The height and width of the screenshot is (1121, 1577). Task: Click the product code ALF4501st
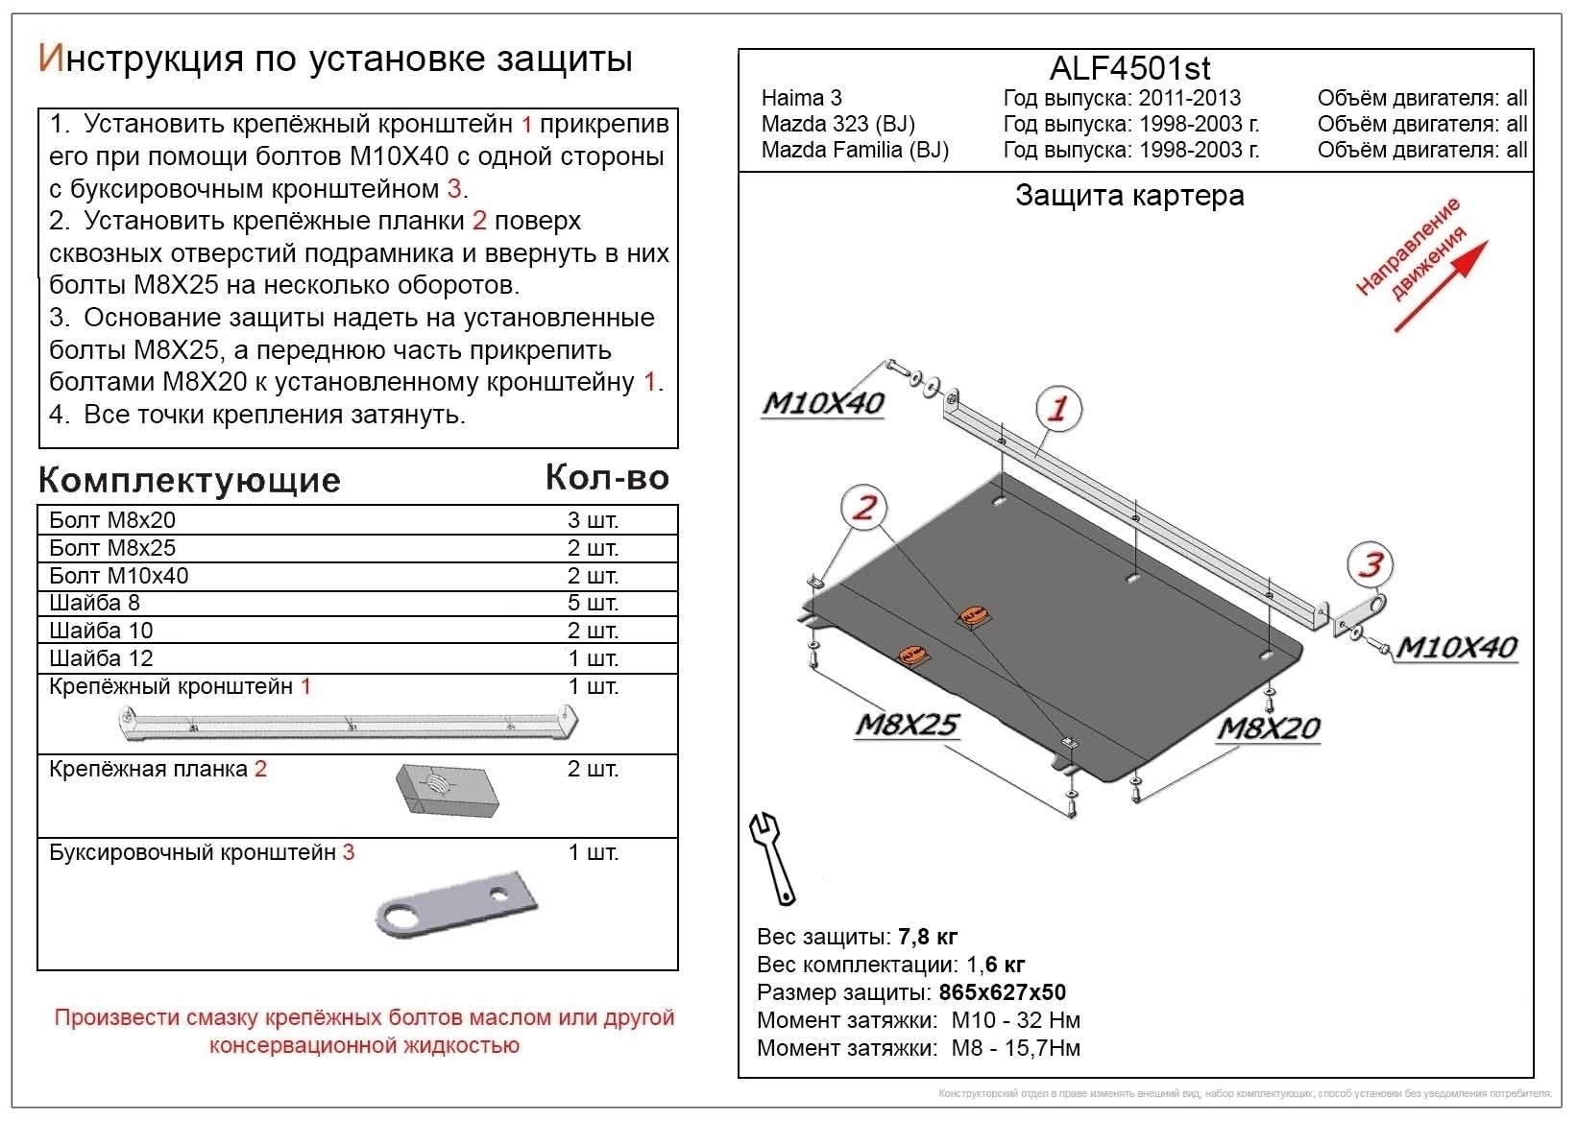point(1129,68)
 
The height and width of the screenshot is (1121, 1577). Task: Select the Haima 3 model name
point(801,98)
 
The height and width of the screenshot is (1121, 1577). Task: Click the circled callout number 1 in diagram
point(1057,409)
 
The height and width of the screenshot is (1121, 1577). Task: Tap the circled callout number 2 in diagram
point(864,507)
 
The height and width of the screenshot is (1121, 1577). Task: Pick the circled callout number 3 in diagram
point(1371,564)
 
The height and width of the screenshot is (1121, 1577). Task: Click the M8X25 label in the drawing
point(906,725)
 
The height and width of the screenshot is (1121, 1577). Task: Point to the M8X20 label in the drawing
point(1268,729)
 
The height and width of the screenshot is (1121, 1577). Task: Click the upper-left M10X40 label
point(823,403)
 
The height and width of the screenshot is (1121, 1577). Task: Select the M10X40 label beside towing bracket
point(1455,647)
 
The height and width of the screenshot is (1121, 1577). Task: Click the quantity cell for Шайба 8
point(593,603)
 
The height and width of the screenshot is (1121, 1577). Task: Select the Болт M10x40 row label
point(119,576)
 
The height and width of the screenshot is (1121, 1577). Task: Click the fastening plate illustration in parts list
point(448,790)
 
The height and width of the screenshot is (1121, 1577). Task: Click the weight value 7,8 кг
point(927,937)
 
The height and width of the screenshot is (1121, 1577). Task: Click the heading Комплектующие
point(189,480)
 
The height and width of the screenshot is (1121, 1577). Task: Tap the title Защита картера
point(1129,196)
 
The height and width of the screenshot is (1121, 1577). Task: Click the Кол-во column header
point(606,477)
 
